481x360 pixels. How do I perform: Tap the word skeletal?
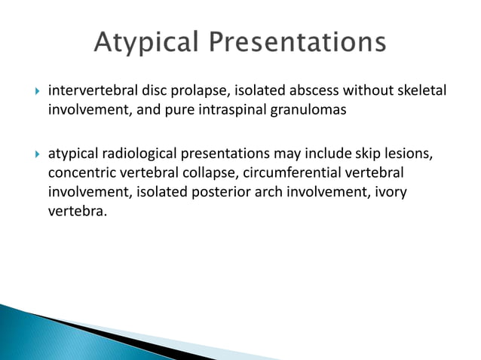tap(419, 91)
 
